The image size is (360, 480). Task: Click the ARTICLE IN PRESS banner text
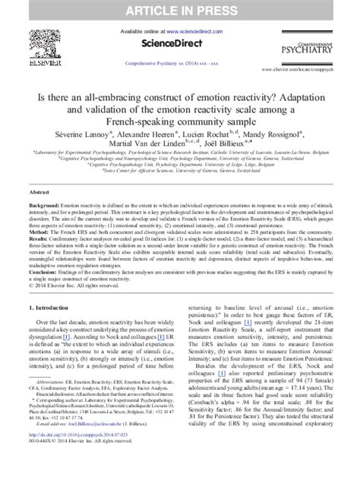tap(180, 10)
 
